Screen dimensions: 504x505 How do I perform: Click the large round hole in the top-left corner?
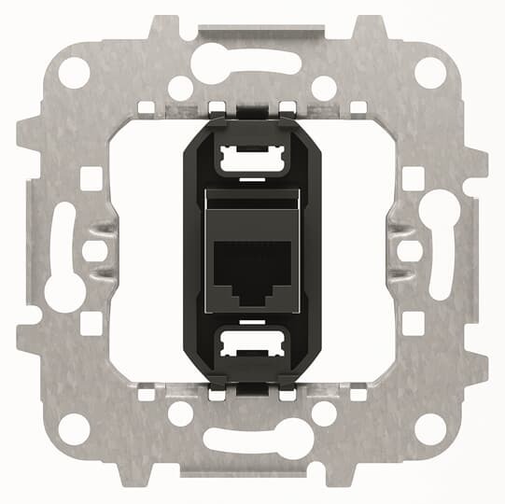coord(76,72)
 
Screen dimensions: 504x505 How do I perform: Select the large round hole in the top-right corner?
coord(429,72)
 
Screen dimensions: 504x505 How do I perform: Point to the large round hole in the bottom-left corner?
coord(76,428)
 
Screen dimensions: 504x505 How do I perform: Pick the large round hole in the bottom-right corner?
coord(429,428)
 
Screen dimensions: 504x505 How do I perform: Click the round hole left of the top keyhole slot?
coord(180,88)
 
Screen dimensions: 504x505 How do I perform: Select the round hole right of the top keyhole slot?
coord(324,88)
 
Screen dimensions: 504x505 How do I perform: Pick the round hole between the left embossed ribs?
coord(93,251)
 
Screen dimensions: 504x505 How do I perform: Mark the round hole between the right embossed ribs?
coord(411,251)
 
